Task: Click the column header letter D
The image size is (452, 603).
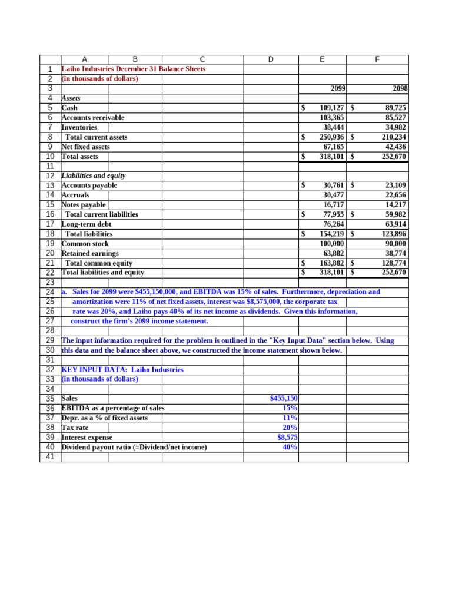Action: pyautogui.click(x=271, y=59)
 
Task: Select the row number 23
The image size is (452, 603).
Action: pyautogui.click(x=50, y=282)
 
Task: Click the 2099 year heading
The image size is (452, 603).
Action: pyautogui.click(x=338, y=88)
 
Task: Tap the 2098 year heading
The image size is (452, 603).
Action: pyautogui.click(x=400, y=88)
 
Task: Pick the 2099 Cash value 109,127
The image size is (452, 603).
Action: pyautogui.click(x=331, y=108)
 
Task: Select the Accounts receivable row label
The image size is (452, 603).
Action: pyautogui.click(x=93, y=118)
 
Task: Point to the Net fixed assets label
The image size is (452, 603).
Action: pyautogui.click(x=86, y=147)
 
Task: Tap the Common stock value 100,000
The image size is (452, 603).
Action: pyautogui.click(x=331, y=244)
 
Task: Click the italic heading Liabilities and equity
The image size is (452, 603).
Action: pyautogui.click(x=94, y=175)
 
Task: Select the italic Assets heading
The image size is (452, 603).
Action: pyautogui.click(x=71, y=98)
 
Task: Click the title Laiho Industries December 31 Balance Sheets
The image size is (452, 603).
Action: pyautogui.click(x=134, y=69)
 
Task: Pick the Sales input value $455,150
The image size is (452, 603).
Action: pyautogui.click(x=284, y=399)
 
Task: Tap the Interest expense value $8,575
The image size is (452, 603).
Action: pyautogui.click(x=287, y=438)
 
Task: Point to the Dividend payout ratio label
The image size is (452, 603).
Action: pyautogui.click(x=134, y=447)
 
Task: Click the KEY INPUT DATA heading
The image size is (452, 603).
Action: pyautogui.click(x=122, y=370)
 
